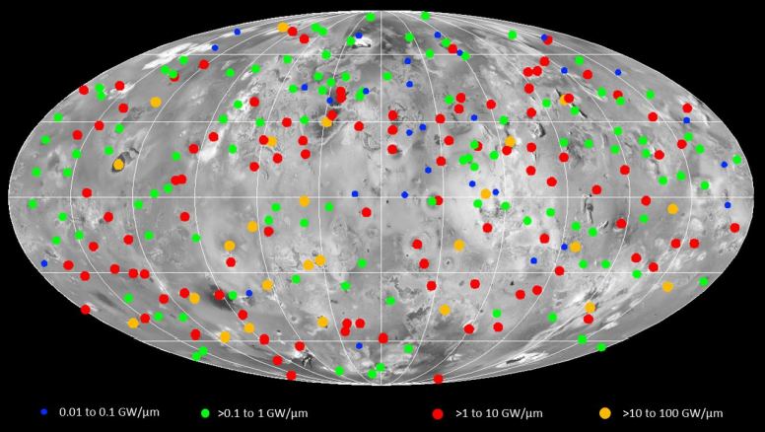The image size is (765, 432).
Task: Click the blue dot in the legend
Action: pos(44,410)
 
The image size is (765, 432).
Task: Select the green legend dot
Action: pos(206,411)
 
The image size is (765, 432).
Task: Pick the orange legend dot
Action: pos(605,411)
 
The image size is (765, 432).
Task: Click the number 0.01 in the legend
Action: pos(72,411)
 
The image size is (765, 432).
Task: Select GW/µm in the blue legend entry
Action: pos(138,411)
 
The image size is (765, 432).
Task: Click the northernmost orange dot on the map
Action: pos(284,28)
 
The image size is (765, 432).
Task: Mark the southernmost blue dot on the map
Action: pos(360,345)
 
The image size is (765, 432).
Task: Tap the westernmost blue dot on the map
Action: pos(44,263)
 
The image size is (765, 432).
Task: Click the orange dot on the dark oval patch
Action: pos(118,165)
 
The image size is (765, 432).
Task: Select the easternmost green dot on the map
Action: pos(735,159)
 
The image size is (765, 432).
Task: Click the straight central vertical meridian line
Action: pos(382,197)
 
